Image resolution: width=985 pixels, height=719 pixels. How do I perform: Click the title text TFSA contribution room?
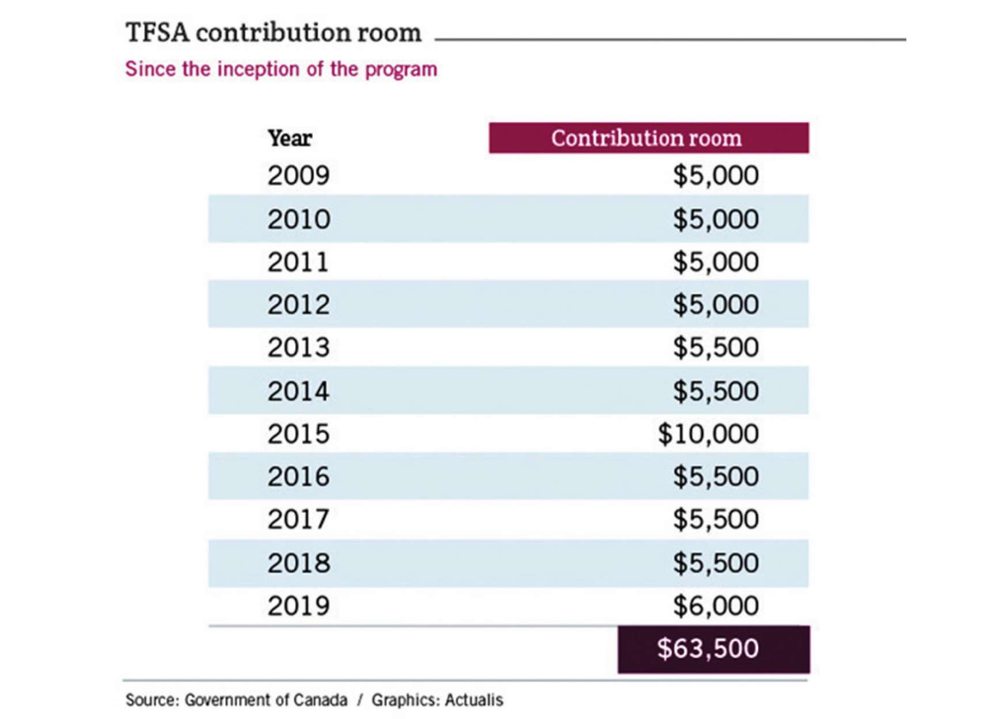pyautogui.click(x=273, y=33)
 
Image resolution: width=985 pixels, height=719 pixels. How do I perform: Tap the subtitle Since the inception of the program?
pyautogui.click(x=281, y=69)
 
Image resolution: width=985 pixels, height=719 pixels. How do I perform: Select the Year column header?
pyautogui.click(x=290, y=138)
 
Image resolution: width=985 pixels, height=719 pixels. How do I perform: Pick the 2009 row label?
pyautogui.click(x=298, y=175)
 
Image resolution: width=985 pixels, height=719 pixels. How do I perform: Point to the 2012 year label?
pyautogui.click(x=298, y=305)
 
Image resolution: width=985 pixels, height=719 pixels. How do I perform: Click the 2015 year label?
pyautogui.click(x=298, y=434)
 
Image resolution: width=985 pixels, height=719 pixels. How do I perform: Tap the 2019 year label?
pyautogui.click(x=298, y=606)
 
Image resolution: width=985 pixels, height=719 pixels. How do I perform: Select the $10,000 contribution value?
pyautogui.click(x=708, y=434)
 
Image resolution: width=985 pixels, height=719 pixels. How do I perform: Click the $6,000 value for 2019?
pyautogui.click(x=715, y=606)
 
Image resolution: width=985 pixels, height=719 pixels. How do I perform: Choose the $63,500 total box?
pyautogui.click(x=713, y=649)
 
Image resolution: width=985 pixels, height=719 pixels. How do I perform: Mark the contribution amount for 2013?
pyautogui.click(x=715, y=347)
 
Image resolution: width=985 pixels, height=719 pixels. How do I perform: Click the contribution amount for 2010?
pyautogui.click(x=715, y=220)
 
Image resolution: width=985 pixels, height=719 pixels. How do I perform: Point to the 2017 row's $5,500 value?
pyautogui.click(x=715, y=520)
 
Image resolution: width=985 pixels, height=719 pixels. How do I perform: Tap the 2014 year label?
pyautogui.click(x=298, y=391)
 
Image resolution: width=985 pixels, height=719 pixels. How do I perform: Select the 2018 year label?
pyautogui.click(x=298, y=563)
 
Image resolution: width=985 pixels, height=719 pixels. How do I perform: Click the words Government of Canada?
pyautogui.click(x=266, y=700)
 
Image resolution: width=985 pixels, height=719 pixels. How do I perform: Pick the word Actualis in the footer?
pyautogui.click(x=473, y=700)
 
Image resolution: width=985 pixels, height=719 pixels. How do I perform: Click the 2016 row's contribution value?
pyautogui.click(x=715, y=476)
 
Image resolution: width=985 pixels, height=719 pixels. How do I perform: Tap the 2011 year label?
pyautogui.click(x=298, y=262)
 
